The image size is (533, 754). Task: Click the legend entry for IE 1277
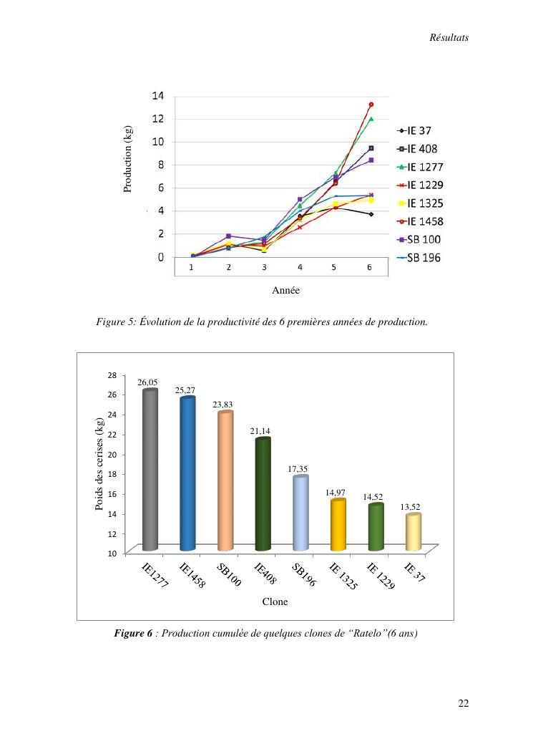tap(429, 167)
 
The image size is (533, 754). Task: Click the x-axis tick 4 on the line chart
tap(300, 267)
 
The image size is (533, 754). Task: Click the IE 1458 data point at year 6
tap(371, 105)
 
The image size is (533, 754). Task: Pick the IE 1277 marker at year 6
tap(371, 119)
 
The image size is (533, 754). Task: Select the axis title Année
tap(285, 291)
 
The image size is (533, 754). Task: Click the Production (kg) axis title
tap(128, 158)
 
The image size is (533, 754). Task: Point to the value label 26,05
tap(147, 382)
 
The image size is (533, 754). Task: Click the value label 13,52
tap(410, 507)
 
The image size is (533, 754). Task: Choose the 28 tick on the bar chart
tap(112, 374)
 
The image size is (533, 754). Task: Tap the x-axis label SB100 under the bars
tap(229, 576)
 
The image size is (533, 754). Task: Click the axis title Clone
tap(275, 602)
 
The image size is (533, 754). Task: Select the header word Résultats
tap(449, 38)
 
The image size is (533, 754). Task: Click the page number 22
tap(463, 704)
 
